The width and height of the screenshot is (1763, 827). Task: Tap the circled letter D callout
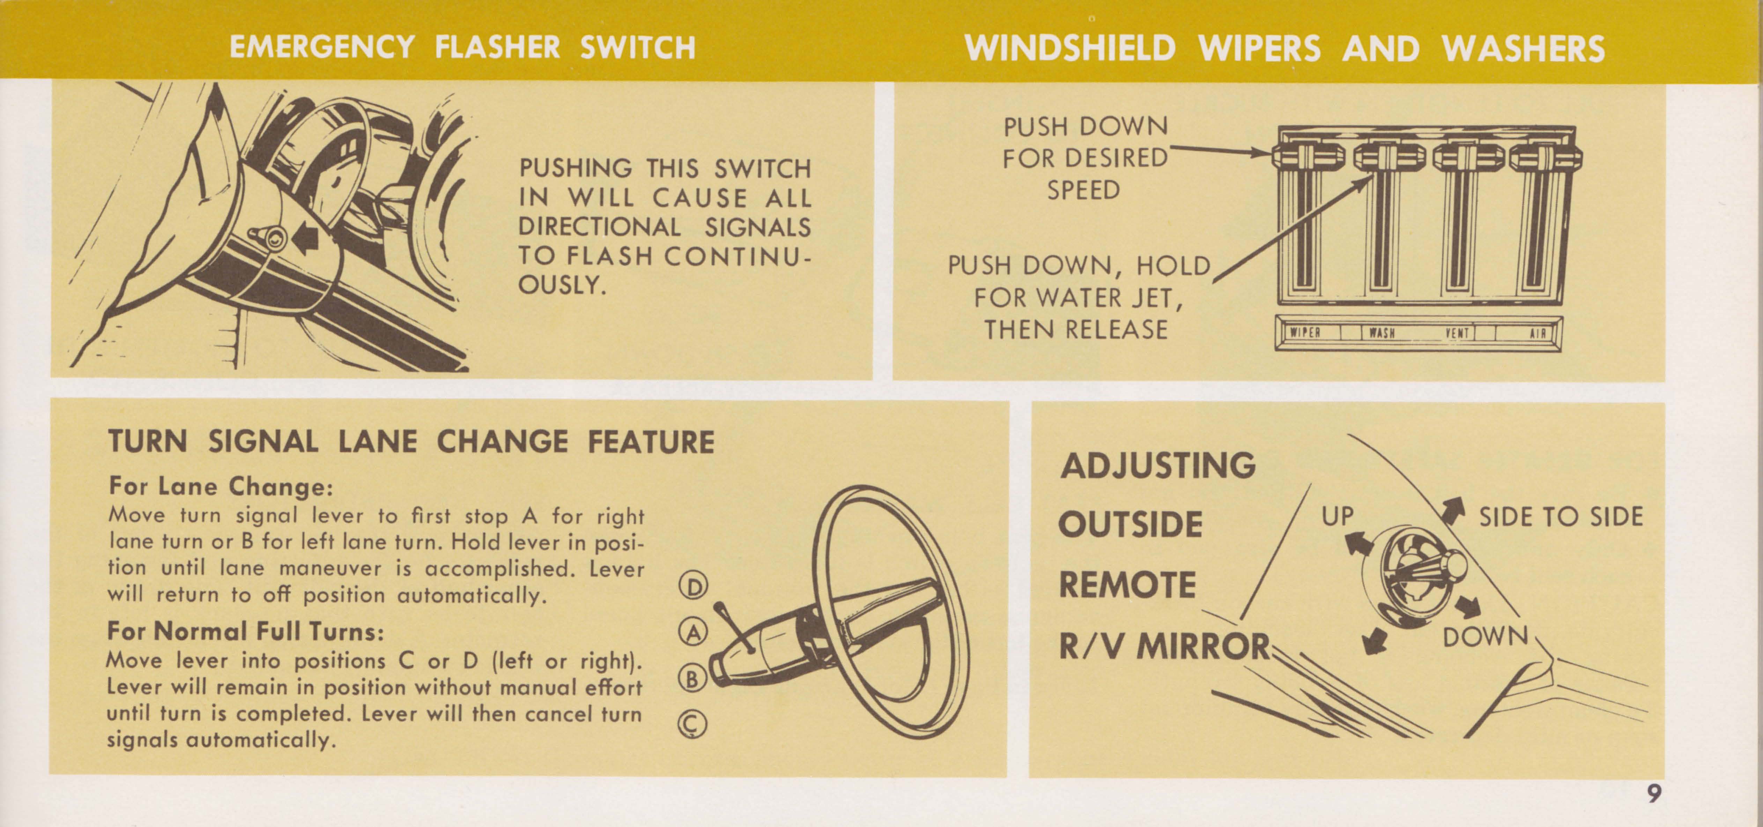tap(693, 586)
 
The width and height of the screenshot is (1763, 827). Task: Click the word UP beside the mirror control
tap(1337, 516)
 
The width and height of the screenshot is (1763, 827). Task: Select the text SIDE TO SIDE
tap(1561, 516)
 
